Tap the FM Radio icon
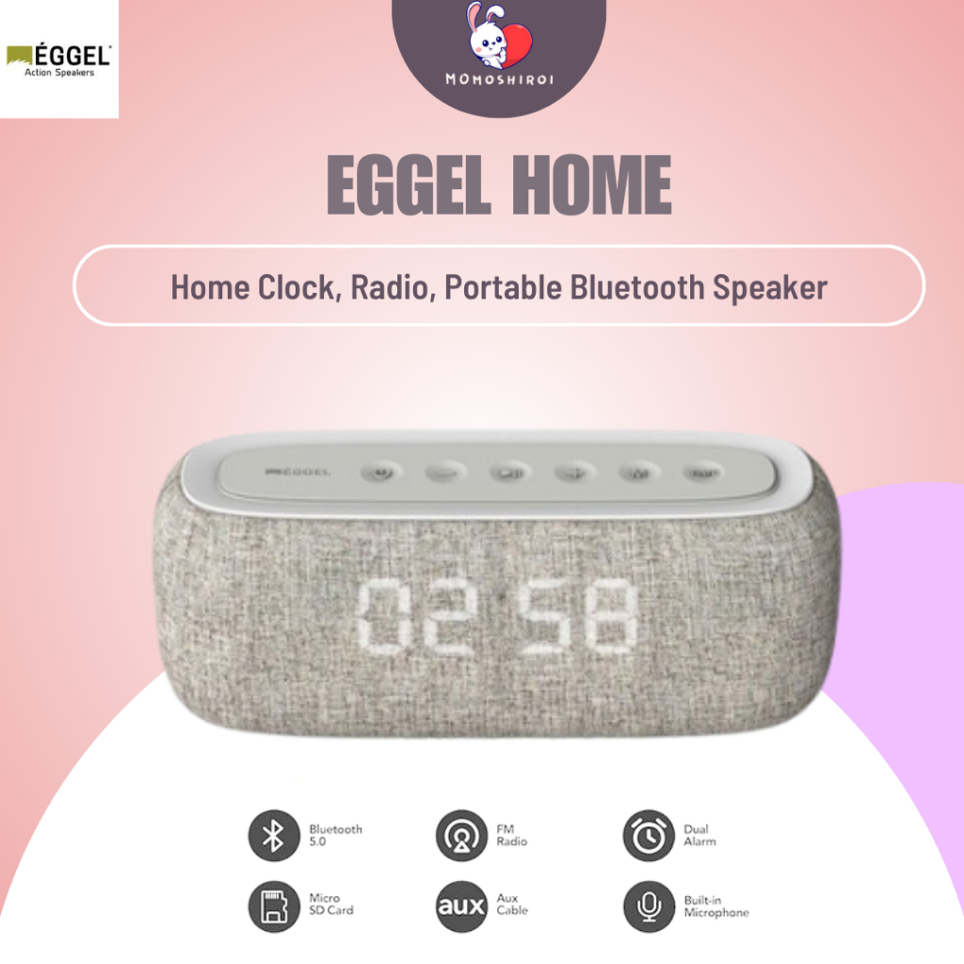[460, 835]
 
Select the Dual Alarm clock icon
[649, 835]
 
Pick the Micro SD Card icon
[273, 907]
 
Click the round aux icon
[460, 907]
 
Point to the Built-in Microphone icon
[649, 907]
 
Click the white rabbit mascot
[486, 30]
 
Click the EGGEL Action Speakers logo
[58, 58]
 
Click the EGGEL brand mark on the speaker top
[300, 471]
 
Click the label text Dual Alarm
[699, 835]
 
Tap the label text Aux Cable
[512, 905]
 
